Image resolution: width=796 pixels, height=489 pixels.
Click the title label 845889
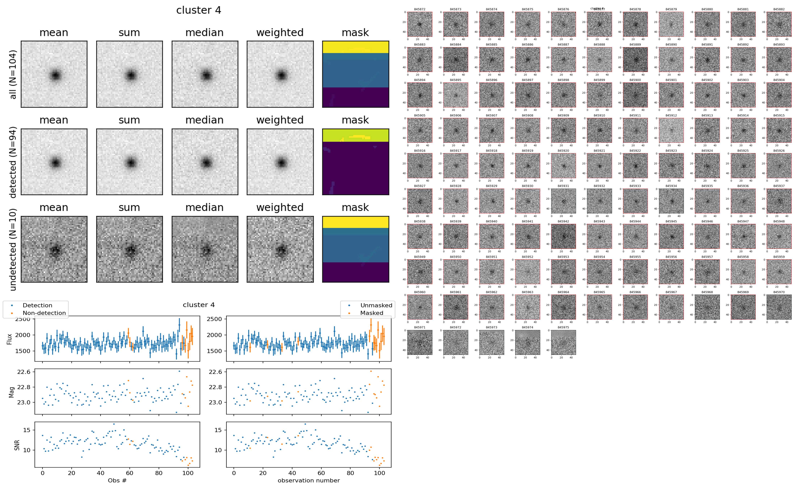[x=635, y=45]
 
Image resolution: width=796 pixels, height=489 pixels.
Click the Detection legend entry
[x=37, y=305]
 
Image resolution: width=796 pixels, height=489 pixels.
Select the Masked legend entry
[x=371, y=313]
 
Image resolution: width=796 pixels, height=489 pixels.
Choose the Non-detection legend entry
[x=44, y=313]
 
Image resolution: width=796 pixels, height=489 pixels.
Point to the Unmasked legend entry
[x=376, y=305]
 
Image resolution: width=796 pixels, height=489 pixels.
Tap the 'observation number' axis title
[x=309, y=480]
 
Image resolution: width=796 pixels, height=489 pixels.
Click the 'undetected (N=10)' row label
[x=13, y=249]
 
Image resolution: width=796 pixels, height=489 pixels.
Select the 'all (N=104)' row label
[x=13, y=74]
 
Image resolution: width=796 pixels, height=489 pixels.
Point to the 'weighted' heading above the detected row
[x=280, y=120]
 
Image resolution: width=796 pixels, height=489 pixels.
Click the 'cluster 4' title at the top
[x=199, y=10]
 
